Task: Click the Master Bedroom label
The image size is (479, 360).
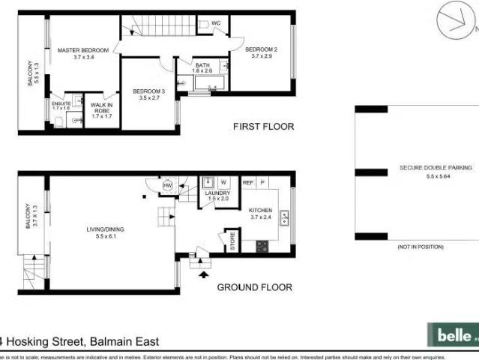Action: [82, 50]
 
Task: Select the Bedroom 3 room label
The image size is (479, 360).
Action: [148, 91]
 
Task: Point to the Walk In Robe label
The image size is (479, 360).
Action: [101, 107]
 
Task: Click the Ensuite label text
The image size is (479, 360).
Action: [61, 103]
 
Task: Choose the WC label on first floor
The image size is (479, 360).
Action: [216, 23]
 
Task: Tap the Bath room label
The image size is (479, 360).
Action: [203, 66]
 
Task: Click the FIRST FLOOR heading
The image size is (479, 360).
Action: [263, 126]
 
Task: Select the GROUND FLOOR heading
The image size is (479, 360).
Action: [254, 287]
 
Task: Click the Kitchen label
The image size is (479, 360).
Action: [262, 211]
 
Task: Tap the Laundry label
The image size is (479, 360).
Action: [217, 193]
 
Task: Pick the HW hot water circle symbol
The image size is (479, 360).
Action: [167, 185]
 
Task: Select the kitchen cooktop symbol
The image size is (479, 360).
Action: [262, 245]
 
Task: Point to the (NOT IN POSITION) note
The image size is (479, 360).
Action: [421, 247]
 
